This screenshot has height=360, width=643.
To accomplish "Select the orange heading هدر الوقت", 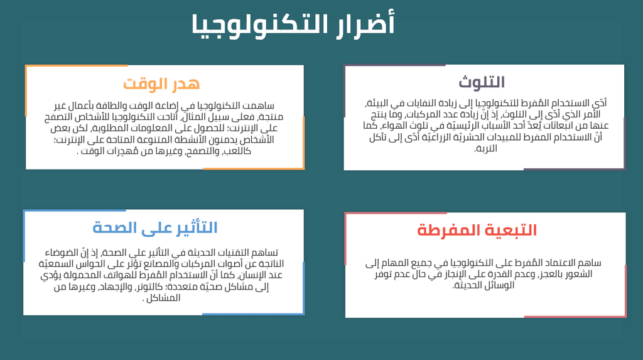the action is [x=161, y=84].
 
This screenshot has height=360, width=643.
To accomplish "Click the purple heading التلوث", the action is [x=482, y=82].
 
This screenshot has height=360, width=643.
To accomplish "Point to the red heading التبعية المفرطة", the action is [x=477, y=230].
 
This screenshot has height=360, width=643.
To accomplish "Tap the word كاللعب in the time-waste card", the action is [x=237, y=151].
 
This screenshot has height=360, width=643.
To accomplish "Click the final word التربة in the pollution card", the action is [x=485, y=148].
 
